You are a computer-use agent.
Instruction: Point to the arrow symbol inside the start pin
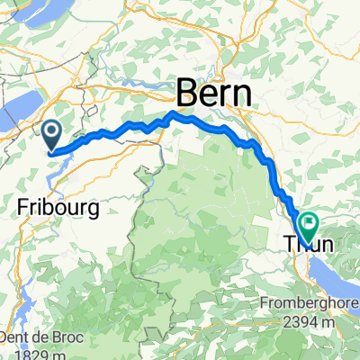click(x=53, y=135)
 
